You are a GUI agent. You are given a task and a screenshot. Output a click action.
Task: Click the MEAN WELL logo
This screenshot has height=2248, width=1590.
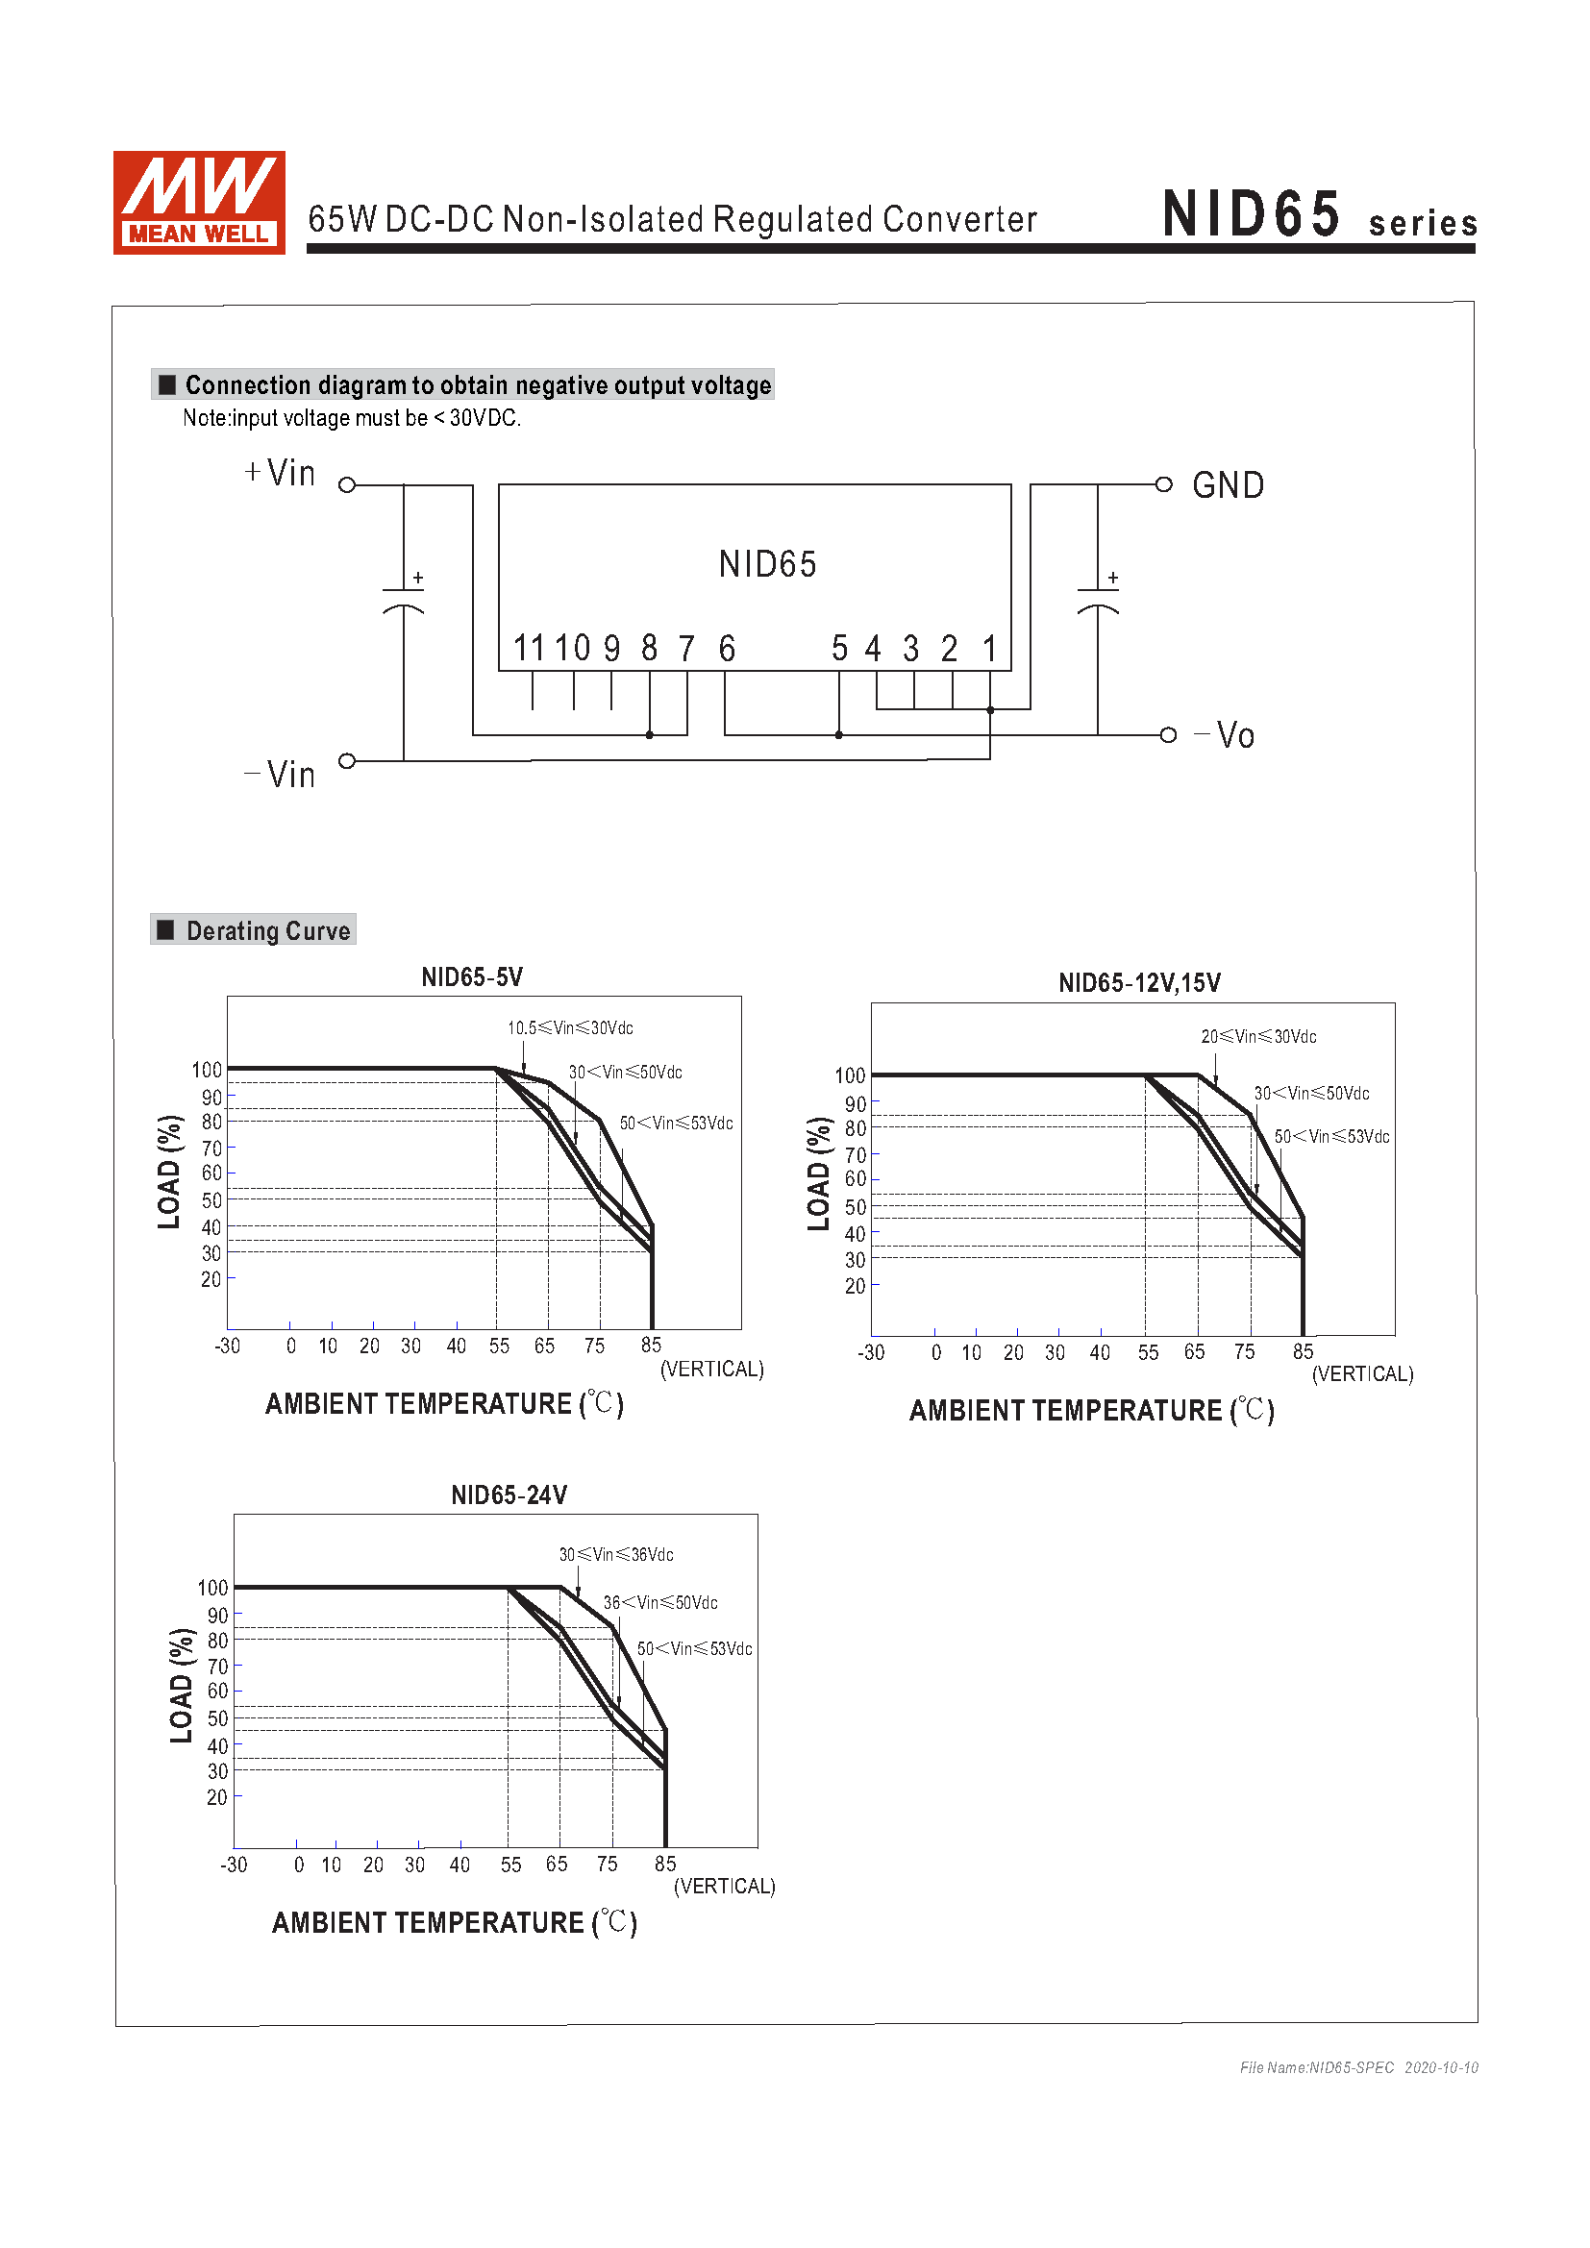199,203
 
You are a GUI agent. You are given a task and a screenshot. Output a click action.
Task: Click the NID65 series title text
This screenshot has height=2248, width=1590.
1318,214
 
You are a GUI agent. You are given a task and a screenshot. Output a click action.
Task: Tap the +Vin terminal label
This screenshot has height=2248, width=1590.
280,473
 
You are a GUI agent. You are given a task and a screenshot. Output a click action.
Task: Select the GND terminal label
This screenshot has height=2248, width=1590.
1228,485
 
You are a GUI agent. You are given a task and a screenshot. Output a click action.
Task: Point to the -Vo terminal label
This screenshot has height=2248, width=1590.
1225,735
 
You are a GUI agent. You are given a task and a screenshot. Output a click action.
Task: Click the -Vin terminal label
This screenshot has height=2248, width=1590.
280,775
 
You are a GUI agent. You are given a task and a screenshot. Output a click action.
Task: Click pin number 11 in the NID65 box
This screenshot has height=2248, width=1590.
529,648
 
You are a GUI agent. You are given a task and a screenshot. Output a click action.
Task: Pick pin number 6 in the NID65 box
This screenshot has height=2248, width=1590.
727,648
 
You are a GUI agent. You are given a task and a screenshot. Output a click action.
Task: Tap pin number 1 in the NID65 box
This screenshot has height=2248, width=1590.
990,648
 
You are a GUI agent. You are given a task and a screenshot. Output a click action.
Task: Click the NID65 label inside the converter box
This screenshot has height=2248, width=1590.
766,564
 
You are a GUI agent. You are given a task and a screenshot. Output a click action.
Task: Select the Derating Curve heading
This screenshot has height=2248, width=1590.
267,930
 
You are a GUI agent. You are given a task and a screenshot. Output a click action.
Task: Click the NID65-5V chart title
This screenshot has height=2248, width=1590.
472,977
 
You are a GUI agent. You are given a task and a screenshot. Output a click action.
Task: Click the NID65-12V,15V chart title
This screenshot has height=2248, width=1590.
1140,983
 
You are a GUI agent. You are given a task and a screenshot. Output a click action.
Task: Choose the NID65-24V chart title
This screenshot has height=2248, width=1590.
509,1495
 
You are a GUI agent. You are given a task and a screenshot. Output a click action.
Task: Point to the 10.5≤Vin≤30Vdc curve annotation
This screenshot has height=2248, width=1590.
570,1028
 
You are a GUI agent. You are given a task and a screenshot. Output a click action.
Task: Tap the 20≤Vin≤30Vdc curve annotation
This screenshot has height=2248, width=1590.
1258,1037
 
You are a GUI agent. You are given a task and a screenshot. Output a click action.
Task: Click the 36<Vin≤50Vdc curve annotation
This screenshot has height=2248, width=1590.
659,1603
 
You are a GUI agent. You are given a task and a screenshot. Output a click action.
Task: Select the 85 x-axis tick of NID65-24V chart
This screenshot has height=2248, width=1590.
666,1865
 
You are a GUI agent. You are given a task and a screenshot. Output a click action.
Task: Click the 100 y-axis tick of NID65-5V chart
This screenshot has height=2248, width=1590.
207,1070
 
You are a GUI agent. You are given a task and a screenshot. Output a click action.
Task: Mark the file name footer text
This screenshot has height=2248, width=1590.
1358,2068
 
